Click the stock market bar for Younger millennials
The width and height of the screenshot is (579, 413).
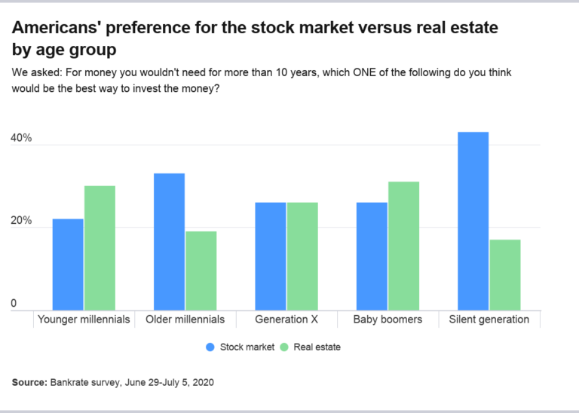click(68, 264)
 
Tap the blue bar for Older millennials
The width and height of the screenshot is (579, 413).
click(169, 241)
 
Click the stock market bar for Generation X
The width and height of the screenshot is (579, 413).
click(270, 255)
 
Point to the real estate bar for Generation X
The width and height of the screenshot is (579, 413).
click(302, 255)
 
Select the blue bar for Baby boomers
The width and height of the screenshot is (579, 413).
click(372, 255)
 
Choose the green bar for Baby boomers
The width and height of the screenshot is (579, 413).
click(403, 245)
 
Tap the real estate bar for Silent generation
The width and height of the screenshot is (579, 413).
click(504, 274)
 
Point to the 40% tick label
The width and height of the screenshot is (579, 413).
click(20, 139)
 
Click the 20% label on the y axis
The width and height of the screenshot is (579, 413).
click(20, 222)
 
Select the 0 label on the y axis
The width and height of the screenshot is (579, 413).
click(13, 304)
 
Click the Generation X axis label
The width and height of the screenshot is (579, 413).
click(286, 320)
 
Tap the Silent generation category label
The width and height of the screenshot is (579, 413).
click(489, 320)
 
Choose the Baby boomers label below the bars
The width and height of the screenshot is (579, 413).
click(388, 320)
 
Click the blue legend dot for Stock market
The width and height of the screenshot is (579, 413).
click(210, 347)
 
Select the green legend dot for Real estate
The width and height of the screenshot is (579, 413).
click(284, 347)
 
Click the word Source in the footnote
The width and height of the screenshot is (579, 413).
click(29, 382)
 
